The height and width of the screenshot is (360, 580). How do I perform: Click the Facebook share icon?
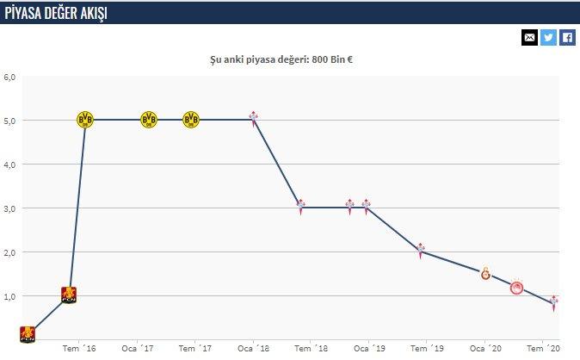[x=568, y=37]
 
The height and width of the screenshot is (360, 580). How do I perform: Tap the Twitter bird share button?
[x=548, y=37]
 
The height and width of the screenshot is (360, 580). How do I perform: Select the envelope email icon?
[x=529, y=37]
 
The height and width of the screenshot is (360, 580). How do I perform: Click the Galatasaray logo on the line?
[x=485, y=274]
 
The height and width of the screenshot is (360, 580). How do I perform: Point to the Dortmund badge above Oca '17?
[x=149, y=119]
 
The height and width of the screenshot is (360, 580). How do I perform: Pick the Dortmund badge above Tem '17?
[x=191, y=119]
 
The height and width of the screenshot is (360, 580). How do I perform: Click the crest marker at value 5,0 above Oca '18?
[x=254, y=118]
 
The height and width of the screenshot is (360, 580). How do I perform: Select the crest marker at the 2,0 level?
[x=421, y=251]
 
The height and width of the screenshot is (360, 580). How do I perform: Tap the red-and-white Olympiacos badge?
[x=517, y=287]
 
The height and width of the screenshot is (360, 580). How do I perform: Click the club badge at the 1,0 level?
[x=70, y=295]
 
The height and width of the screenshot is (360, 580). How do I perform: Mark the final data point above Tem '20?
[x=554, y=301]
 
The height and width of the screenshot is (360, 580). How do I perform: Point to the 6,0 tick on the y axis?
[x=9, y=76]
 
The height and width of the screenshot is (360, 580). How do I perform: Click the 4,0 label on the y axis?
[x=9, y=164]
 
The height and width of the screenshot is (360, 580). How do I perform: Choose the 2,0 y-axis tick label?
[x=9, y=251]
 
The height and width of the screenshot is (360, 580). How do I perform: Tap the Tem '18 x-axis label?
[x=311, y=349]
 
